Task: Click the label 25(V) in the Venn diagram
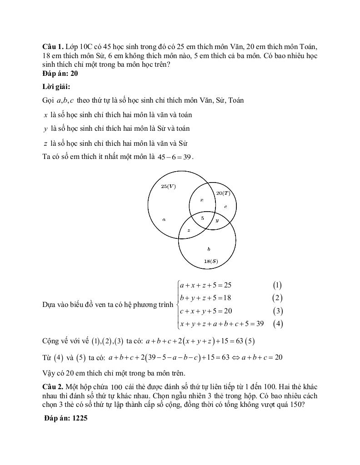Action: (x=168, y=186)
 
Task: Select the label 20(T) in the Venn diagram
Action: (x=223, y=193)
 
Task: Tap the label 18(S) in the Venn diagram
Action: (x=210, y=261)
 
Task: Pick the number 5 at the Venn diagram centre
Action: (x=202, y=218)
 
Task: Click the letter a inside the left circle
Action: (x=164, y=219)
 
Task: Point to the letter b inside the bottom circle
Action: (x=209, y=249)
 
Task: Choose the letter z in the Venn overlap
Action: (x=189, y=231)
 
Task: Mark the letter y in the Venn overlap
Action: (x=217, y=220)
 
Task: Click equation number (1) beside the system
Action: (x=277, y=286)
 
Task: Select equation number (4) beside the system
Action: (x=278, y=324)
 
